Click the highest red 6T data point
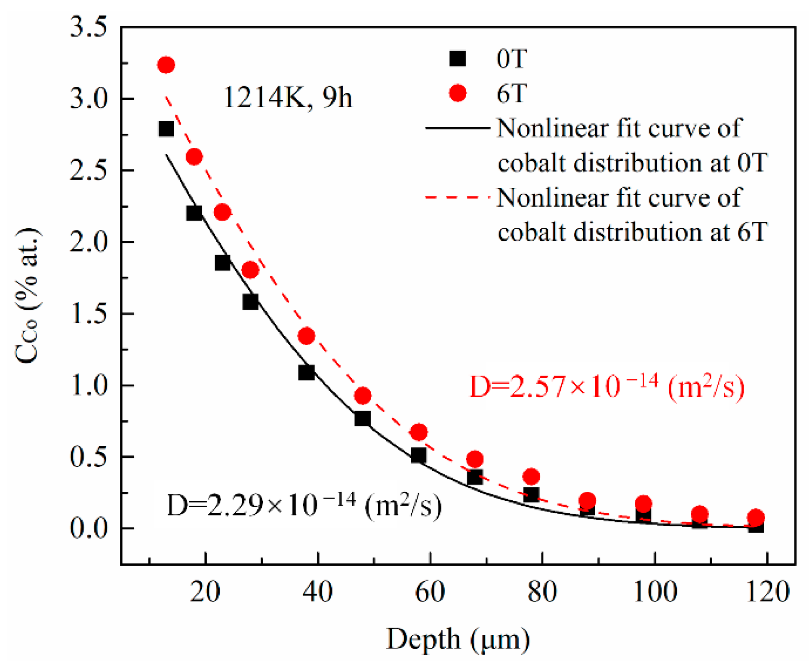point(166,65)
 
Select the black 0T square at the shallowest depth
point(166,129)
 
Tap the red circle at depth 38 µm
point(306,336)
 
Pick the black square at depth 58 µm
point(418,455)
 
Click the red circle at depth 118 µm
point(756,517)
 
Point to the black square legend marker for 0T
point(458,58)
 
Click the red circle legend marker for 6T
point(458,93)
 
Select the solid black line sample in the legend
point(458,128)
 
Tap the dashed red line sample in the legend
point(458,197)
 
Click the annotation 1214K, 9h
point(288,98)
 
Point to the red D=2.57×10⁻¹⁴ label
point(606,387)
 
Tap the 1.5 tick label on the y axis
point(88,314)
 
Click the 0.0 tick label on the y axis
point(88,528)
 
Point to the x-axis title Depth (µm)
point(458,639)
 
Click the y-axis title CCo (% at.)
point(28,296)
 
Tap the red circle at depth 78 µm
point(531,476)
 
